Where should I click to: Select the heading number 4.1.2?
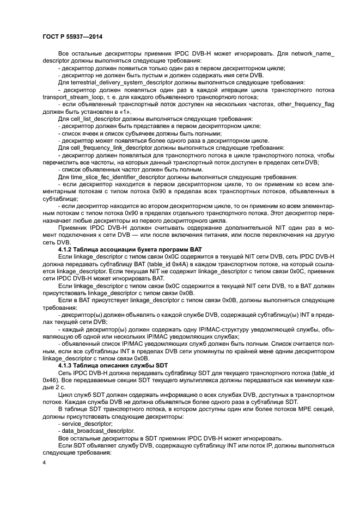(x=66, y=249)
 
